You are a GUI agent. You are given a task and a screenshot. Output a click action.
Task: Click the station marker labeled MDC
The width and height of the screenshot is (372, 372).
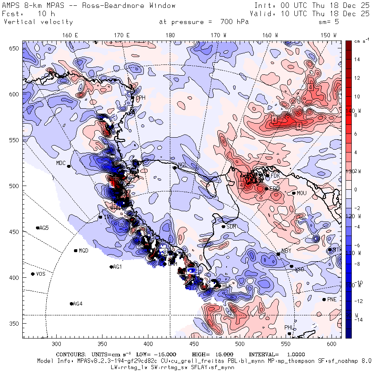tap(69, 166)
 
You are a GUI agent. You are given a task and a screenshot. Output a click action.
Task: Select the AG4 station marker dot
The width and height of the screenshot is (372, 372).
tap(72, 304)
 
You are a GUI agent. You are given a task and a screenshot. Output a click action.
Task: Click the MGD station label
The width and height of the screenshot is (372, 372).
tap(83, 251)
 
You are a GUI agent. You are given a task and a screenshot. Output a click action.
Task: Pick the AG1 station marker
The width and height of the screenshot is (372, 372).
tap(111, 267)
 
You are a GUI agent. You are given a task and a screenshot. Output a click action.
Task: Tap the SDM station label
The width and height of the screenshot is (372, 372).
tap(232, 227)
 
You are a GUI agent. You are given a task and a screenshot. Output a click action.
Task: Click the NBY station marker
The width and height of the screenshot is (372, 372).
tap(279, 254)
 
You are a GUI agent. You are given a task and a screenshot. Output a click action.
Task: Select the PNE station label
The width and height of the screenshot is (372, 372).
tap(332, 300)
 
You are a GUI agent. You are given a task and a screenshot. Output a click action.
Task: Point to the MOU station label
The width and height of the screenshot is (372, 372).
tap(302, 193)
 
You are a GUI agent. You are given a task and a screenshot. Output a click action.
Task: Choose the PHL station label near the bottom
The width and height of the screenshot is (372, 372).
tap(289, 328)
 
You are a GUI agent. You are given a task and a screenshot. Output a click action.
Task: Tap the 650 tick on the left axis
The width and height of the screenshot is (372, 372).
tap(15, 49)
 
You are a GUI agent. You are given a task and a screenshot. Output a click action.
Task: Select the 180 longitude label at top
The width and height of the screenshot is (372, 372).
tap(170, 35)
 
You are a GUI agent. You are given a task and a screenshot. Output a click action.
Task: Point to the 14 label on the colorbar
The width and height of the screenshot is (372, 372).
tap(357, 60)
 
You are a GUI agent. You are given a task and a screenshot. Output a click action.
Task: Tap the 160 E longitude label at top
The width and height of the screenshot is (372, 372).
tap(70, 35)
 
